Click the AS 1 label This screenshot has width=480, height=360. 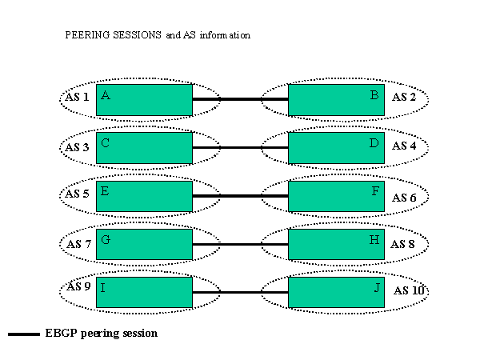[x=77, y=97]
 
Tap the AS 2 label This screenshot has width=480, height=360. [x=404, y=98]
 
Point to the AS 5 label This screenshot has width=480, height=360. [x=77, y=194]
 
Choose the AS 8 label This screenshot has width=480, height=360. [x=404, y=244]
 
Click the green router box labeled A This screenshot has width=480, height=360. [x=144, y=99]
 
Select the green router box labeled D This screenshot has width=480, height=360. [x=336, y=148]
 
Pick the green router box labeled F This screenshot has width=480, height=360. [x=336, y=196]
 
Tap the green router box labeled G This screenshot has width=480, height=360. [x=144, y=244]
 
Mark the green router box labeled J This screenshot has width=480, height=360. [x=336, y=292]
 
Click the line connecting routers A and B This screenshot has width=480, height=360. [x=240, y=99]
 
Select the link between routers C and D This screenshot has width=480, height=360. [x=240, y=148]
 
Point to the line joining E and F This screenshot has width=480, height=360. [x=240, y=196]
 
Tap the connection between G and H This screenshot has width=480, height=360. [x=240, y=244]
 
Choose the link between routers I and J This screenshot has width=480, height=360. [x=240, y=292]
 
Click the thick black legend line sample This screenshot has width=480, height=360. [x=24, y=334]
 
